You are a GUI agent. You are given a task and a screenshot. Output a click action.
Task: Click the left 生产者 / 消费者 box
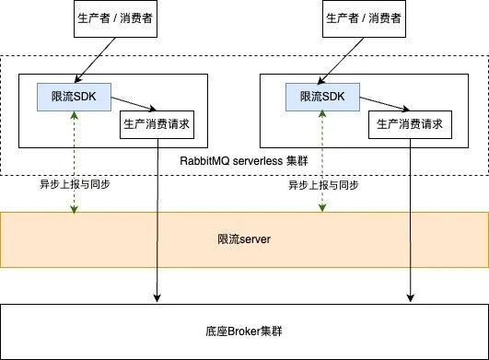tap(111, 20)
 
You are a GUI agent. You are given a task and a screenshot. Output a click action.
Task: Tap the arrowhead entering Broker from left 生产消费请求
tap(157, 296)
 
